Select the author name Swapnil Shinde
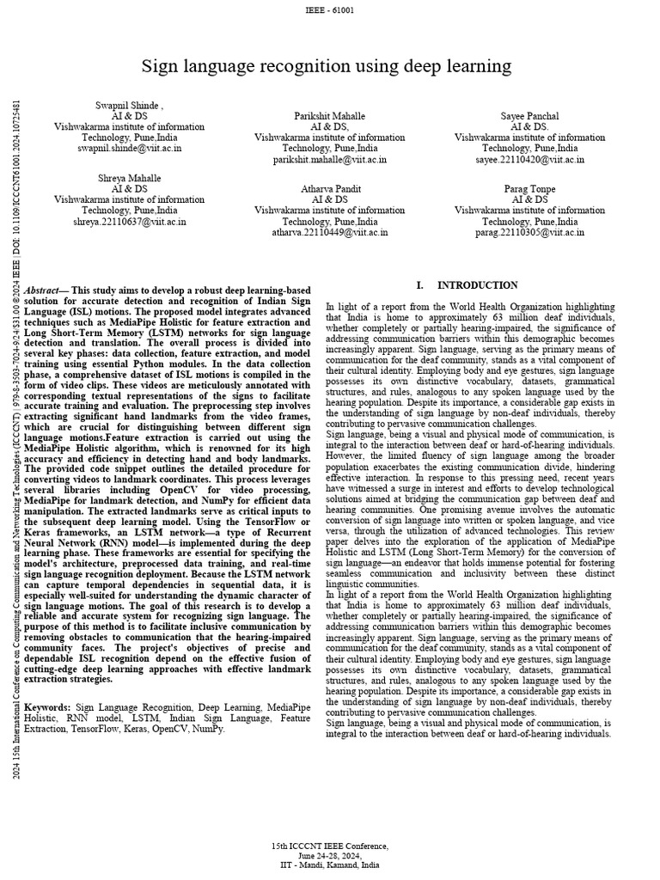(x=128, y=104)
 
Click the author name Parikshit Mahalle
(x=330, y=115)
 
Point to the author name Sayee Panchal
(x=529, y=115)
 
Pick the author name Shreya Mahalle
(x=129, y=177)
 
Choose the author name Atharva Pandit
(x=330, y=188)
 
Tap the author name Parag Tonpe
(x=529, y=188)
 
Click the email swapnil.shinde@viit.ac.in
(x=129, y=148)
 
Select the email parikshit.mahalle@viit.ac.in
(x=330, y=159)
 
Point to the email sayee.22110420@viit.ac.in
(x=529, y=159)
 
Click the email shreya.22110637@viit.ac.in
(x=129, y=221)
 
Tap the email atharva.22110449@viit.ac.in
(x=330, y=232)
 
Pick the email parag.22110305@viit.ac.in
(x=529, y=232)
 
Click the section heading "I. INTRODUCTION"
(x=467, y=285)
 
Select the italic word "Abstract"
(x=44, y=291)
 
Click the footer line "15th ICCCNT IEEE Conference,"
(x=330, y=846)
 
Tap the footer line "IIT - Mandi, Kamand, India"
(x=330, y=865)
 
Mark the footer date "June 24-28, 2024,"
(x=330, y=856)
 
